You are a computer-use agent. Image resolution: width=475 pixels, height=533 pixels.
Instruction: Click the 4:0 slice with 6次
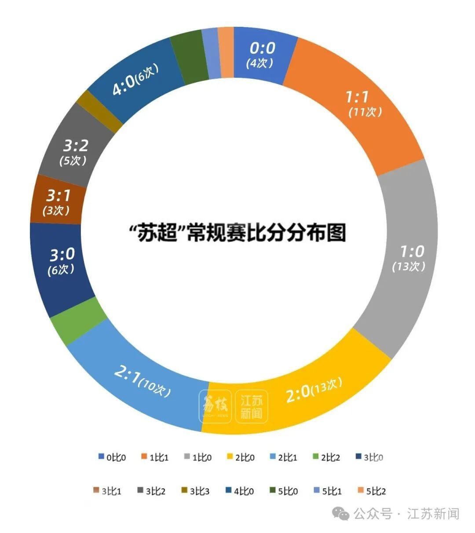coord(134,79)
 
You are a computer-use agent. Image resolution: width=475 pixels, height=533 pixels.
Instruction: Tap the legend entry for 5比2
coord(371,491)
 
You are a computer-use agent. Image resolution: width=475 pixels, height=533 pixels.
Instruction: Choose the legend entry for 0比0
coord(112,457)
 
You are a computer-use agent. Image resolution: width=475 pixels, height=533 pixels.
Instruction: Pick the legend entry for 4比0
coord(239,491)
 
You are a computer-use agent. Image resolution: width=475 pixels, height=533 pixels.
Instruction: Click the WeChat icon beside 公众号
coord(341,513)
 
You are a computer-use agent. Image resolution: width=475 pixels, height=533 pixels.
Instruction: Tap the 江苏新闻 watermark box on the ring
coord(251,407)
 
